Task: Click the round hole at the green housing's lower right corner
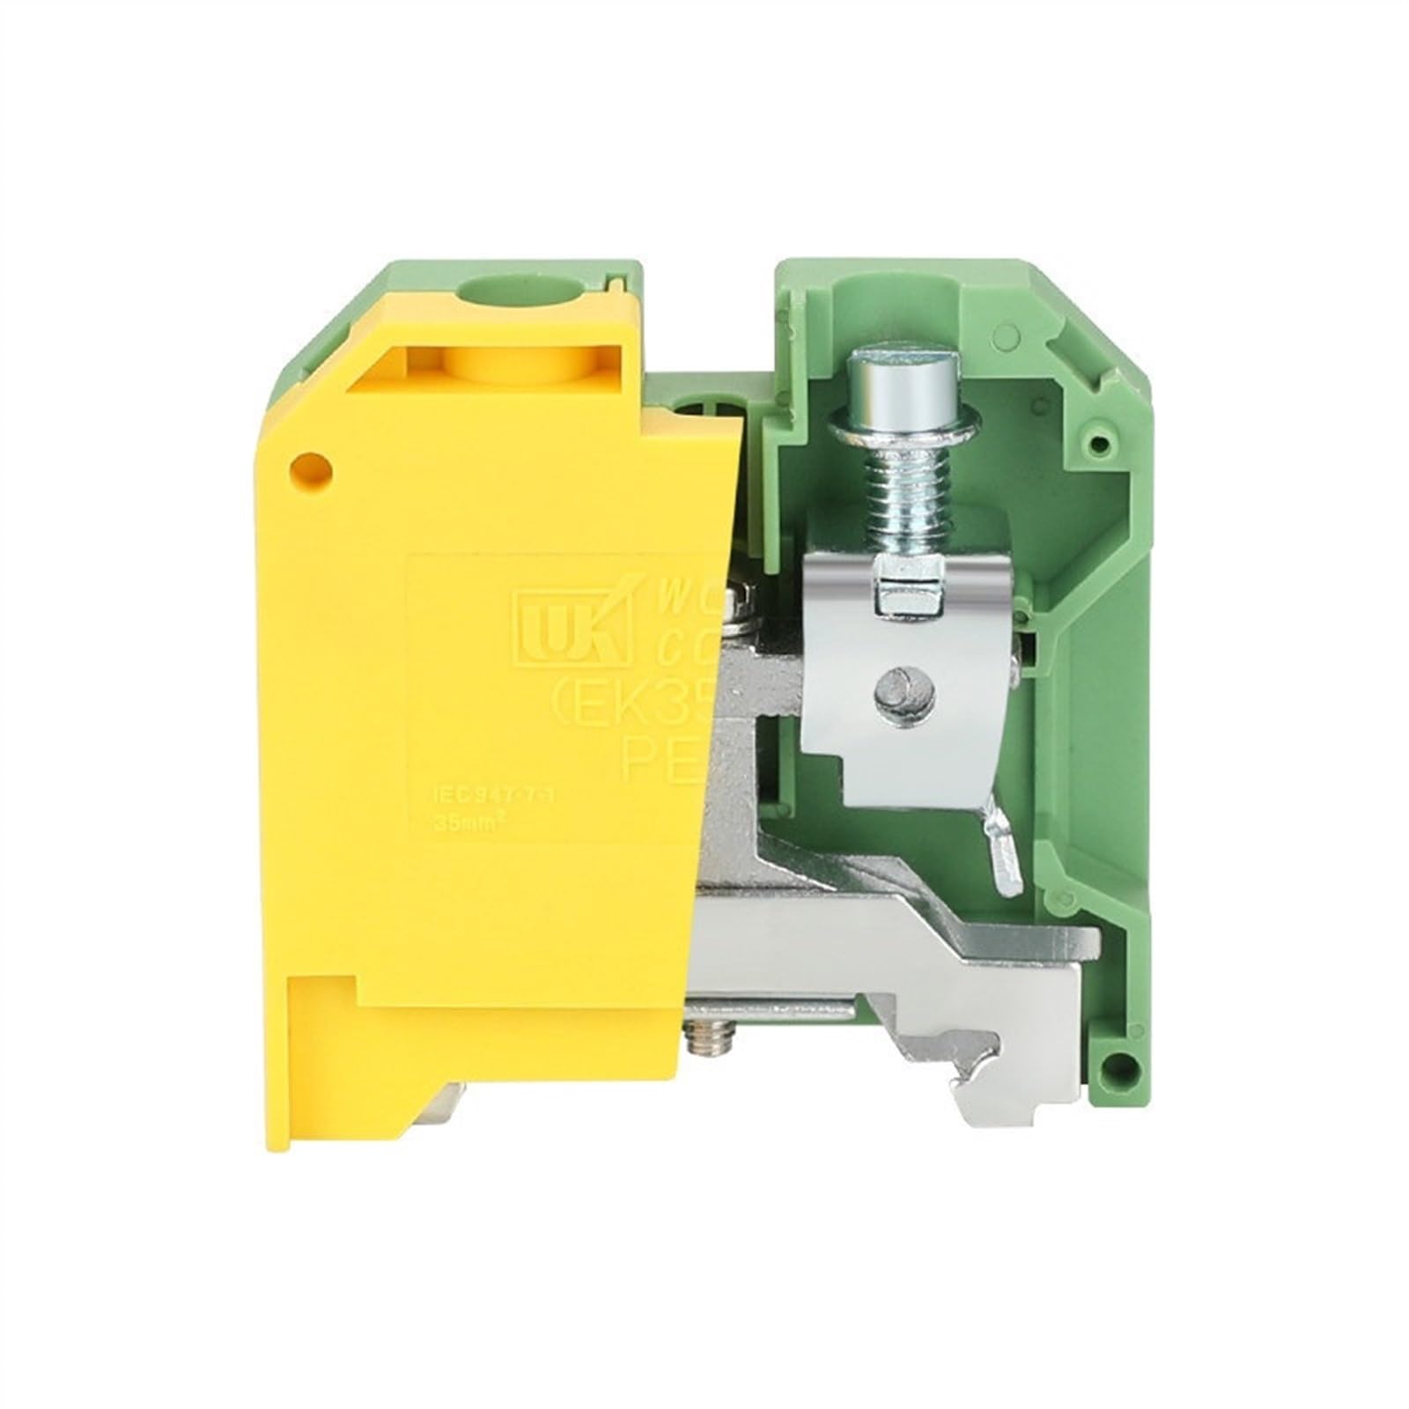[x=1119, y=1066]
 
